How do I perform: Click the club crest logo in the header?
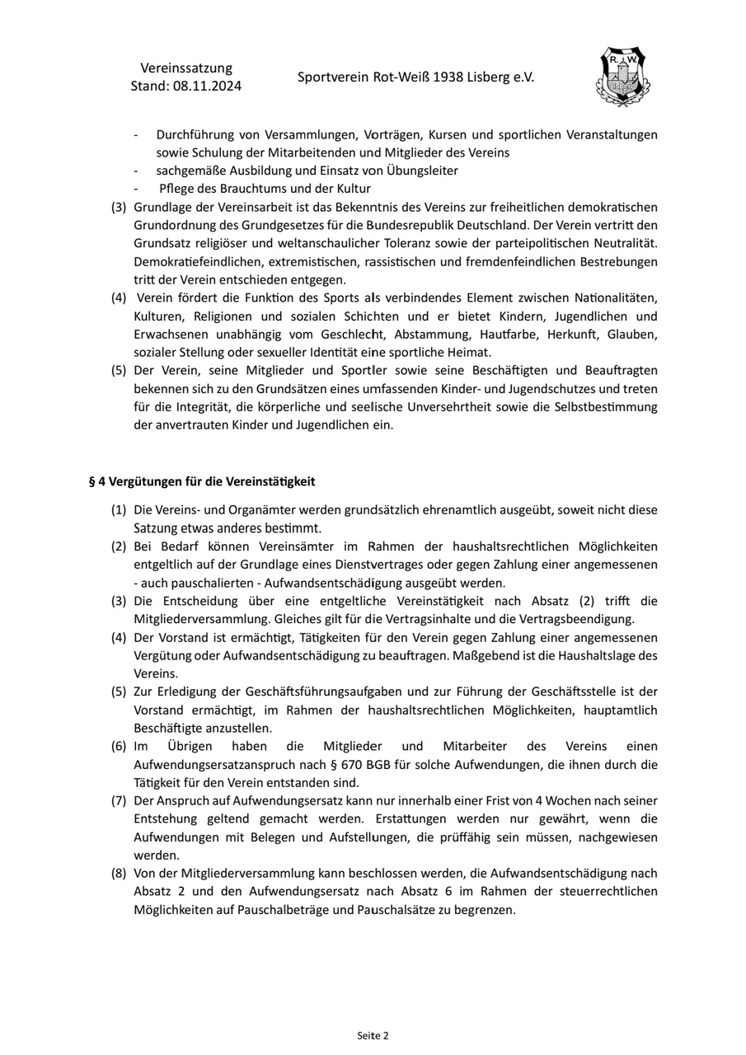[x=622, y=77]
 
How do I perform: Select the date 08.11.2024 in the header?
[x=207, y=86]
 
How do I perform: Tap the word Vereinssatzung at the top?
[x=186, y=68]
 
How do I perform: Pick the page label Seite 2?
[x=373, y=1035]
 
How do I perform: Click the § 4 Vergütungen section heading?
[x=202, y=481]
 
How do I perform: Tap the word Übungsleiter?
[x=422, y=171]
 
